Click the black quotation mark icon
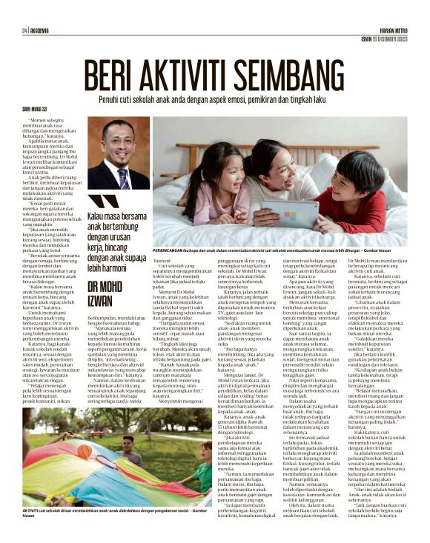(99, 201)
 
